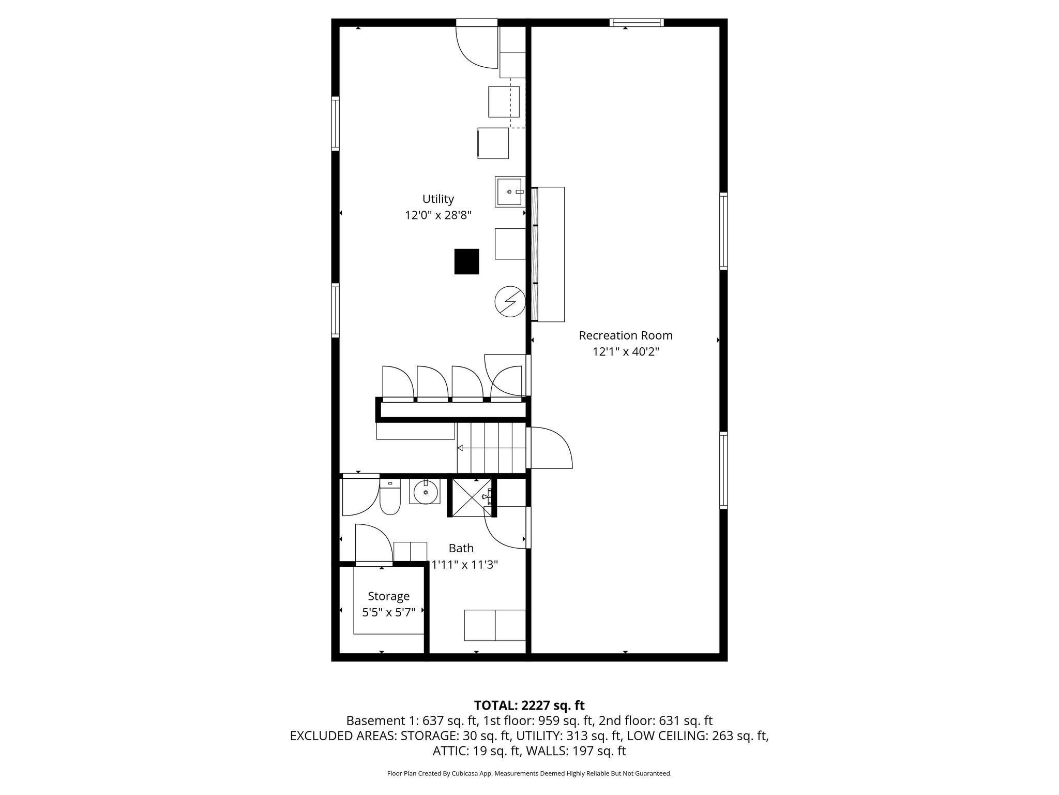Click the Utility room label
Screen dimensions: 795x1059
point(438,199)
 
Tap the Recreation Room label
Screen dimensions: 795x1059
point(626,335)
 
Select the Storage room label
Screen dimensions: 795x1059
point(388,596)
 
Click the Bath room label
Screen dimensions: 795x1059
point(461,548)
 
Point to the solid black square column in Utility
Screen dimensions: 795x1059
point(466,261)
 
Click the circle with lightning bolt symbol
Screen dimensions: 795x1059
point(510,301)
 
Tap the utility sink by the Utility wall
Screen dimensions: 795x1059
point(509,192)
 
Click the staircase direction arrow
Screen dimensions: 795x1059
point(460,448)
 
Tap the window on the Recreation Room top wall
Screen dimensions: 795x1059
point(636,22)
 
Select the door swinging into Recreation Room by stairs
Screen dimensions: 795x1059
point(551,448)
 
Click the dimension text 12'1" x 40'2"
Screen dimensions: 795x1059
point(626,352)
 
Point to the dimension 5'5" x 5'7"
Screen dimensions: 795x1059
point(388,613)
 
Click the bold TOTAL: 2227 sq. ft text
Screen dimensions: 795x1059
point(529,705)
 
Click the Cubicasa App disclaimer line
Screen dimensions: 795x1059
point(529,774)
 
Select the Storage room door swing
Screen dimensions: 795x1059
point(374,543)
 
